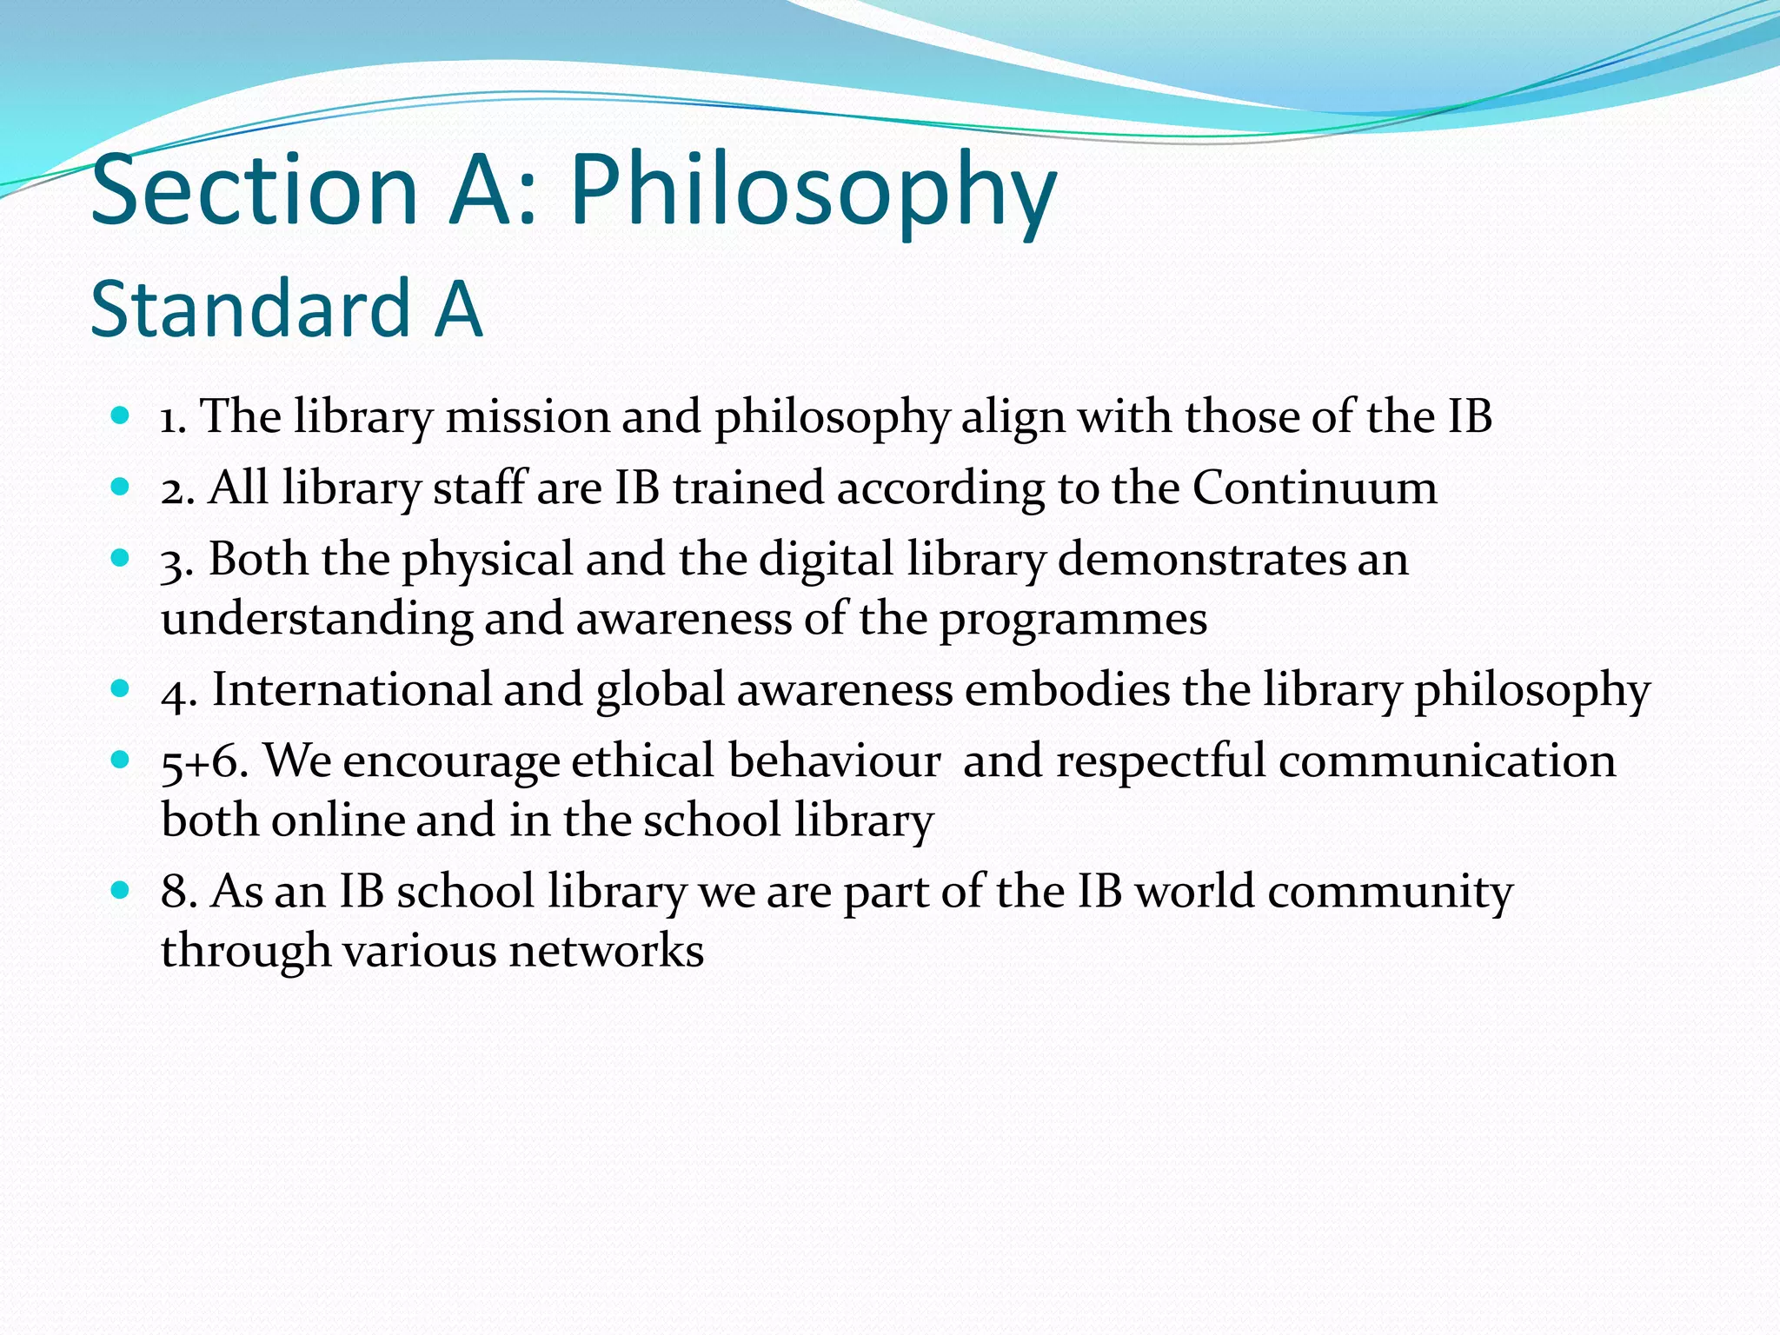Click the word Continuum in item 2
pos(1314,488)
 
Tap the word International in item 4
pos(352,690)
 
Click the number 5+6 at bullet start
pos(203,761)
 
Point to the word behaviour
pos(834,761)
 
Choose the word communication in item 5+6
pos(1447,761)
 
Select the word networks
pos(606,951)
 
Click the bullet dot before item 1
pos(121,415)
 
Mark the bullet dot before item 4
pos(121,689)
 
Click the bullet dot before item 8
pos(121,891)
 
